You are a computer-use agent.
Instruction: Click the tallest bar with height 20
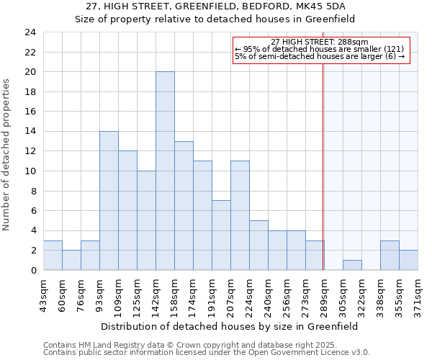point(165,171)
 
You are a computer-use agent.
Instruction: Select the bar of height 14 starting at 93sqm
point(109,200)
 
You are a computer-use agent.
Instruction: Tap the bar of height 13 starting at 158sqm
point(184,205)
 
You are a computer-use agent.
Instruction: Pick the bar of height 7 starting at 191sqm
point(221,235)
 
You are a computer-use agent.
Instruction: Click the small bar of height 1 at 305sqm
point(352,265)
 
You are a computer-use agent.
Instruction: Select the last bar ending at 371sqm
point(408,260)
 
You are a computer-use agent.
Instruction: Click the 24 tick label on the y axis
point(30,32)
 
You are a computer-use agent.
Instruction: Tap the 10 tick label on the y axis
point(30,171)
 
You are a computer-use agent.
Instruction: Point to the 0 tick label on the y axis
point(33,270)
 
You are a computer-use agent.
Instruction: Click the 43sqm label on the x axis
point(44,293)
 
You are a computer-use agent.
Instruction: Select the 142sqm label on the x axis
point(156,294)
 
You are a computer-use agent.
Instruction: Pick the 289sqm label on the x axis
point(325,294)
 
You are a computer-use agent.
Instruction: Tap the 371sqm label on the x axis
point(418,294)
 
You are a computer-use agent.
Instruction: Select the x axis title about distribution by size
point(229,326)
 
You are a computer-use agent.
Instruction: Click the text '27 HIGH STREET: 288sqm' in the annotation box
point(320,42)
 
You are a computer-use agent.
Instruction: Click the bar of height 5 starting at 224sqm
point(258,245)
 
